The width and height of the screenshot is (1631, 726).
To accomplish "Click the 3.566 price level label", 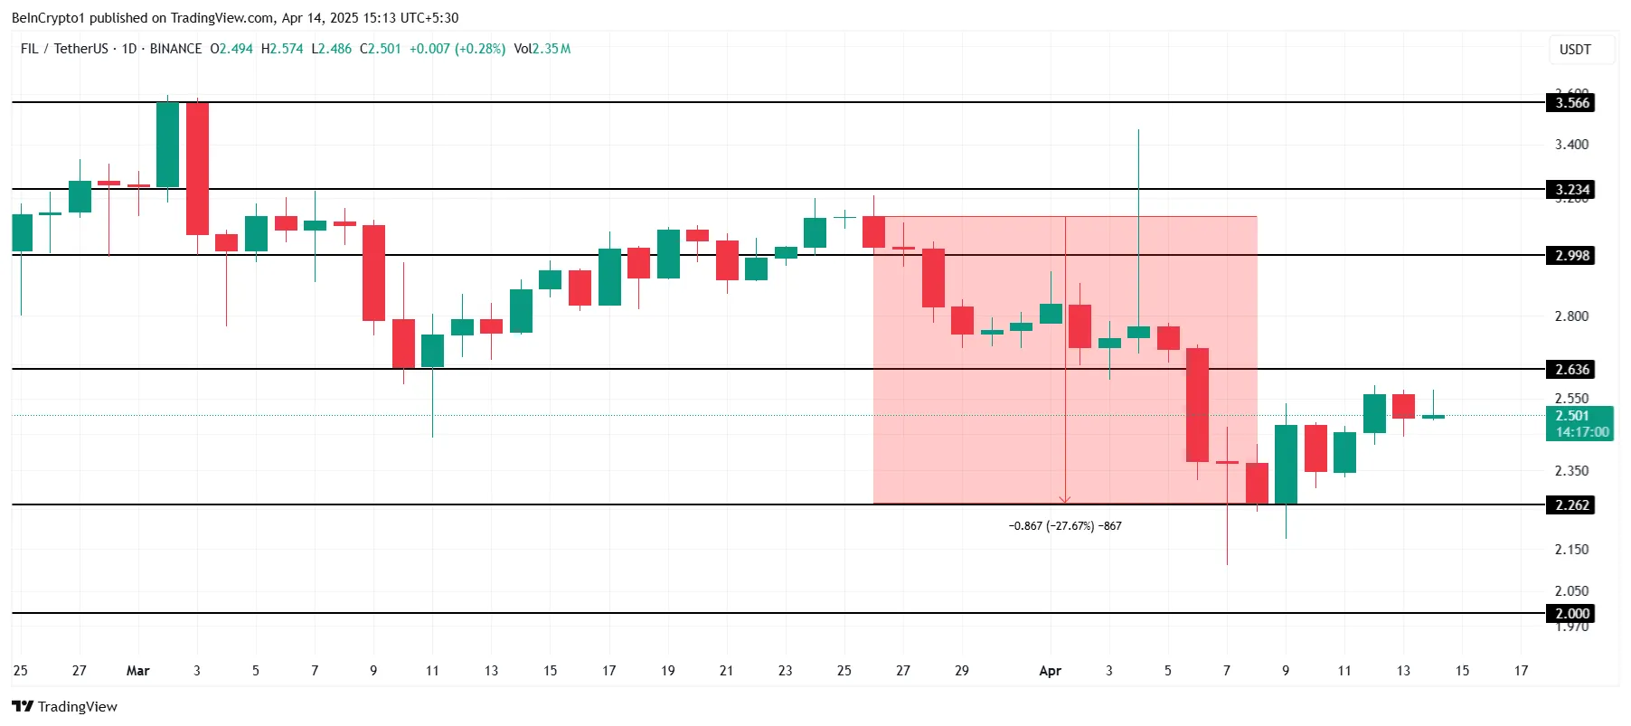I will (x=1571, y=103).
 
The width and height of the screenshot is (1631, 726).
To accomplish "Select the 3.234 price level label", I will (x=1571, y=190).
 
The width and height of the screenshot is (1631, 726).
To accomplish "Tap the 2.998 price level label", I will (x=1571, y=256).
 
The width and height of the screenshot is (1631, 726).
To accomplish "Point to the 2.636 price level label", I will (x=1571, y=370).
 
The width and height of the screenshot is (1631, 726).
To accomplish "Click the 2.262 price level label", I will (x=1571, y=505).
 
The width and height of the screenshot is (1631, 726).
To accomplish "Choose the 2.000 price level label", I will (x=1571, y=614).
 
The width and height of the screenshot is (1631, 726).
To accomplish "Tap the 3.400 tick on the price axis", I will (x=1571, y=145).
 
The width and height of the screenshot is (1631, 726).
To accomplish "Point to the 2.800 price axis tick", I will (x=1571, y=316).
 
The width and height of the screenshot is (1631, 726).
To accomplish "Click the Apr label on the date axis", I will (x=1050, y=671).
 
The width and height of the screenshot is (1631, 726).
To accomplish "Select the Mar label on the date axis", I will (x=137, y=671).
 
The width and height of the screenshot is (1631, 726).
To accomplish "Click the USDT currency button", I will (x=1575, y=50).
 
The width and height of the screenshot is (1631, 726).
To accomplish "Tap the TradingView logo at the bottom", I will (x=65, y=707).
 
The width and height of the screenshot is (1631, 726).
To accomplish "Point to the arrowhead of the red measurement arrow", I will (x=1065, y=500).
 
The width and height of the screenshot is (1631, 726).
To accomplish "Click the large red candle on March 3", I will (x=197, y=168).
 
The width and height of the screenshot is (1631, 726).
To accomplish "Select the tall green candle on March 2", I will (x=167, y=145).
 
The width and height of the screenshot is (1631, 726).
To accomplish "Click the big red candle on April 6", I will (x=1197, y=405).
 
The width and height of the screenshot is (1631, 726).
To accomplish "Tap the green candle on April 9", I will (x=1286, y=464).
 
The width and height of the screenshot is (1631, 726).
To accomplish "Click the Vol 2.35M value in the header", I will (x=542, y=49).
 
